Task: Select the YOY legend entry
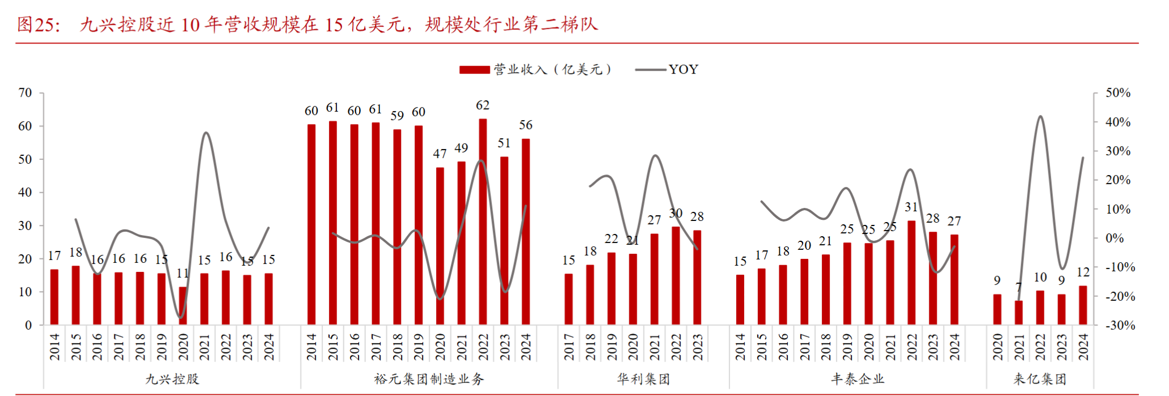tap(667, 69)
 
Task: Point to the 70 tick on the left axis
tap(25, 92)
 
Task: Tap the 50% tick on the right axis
tap(1117, 92)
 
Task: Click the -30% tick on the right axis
tap(1120, 325)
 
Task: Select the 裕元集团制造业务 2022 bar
tap(483, 222)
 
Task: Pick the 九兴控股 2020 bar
tap(182, 306)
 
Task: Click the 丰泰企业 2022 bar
tap(911, 272)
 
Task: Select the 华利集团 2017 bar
tap(569, 299)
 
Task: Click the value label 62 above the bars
tap(483, 105)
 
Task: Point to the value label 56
tap(526, 125)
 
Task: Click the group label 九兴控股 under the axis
tap(172, 379)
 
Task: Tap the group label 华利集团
tap(643, 379)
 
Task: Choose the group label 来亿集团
tap(1040, 379)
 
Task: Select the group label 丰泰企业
tap(857, 379)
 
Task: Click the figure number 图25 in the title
tap(38, 24)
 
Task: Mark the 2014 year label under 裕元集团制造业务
tap(312, 346)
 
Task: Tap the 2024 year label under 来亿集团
tap(1083, 346)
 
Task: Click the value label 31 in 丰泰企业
tap(911, 207)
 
